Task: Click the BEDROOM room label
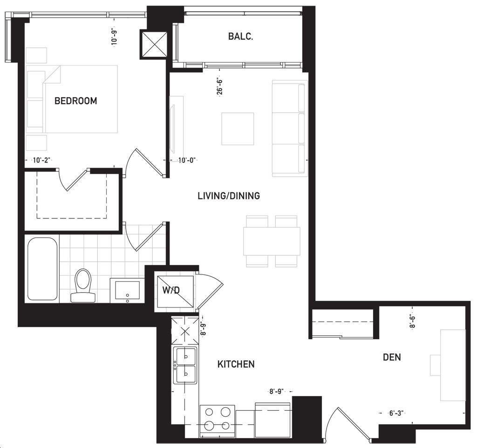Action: (x=76, y=101)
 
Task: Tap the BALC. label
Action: (x=241, y=36)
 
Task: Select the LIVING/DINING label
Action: (x=229, y=196)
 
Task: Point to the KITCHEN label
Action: (x=236, y=364)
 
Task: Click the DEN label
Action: (x=392, y=357)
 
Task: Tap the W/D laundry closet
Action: (x=175, y=291)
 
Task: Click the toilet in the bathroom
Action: (x=83, y=285)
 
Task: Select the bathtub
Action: (x=42, y=269)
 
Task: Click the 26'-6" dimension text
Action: (x=220, y=86)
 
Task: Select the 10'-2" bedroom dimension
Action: (x=41, y=161)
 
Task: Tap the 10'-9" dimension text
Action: (x=114, y=37)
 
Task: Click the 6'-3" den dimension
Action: (x=396, y=413)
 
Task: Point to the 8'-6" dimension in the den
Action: (x=413, y=321)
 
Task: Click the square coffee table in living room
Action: (x=238, y=129)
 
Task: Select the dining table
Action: (x=272, y=241)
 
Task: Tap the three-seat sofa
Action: (x=289, y=128)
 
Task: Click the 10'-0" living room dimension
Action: (x=187, y=161)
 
